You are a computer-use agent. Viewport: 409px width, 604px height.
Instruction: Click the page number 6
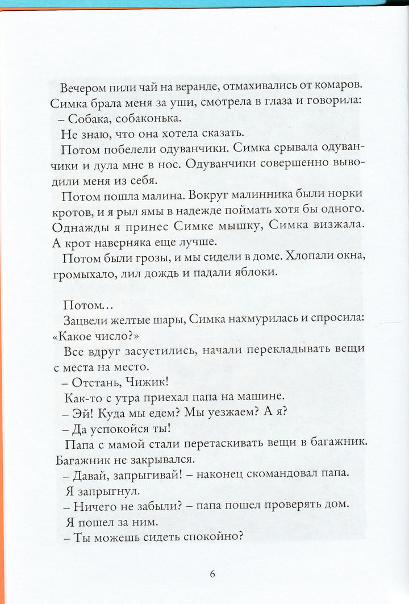(212, 573)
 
